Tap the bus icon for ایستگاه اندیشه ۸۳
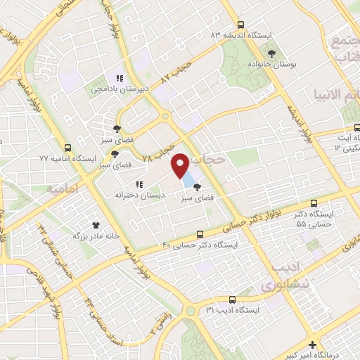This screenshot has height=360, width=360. coord(241,24)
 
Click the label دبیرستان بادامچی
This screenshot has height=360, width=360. coord(117,89)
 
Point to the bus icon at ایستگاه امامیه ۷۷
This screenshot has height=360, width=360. coord(67,148)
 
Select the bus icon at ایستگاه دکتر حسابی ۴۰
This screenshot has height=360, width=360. coord(200,234)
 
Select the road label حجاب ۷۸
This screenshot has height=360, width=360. coord(158,150)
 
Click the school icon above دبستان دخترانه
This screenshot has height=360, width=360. coord(138,184)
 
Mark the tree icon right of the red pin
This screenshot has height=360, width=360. coord(196,187)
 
